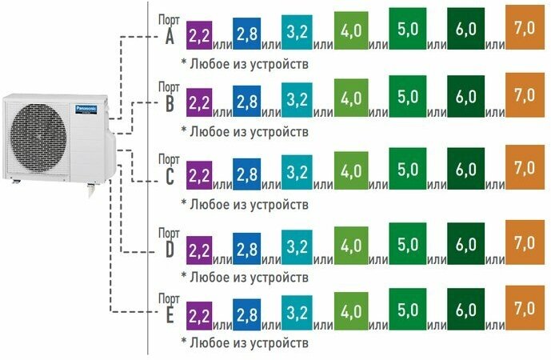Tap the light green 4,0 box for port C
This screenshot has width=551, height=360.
point(349,170)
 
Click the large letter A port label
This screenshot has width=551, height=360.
point(169,37)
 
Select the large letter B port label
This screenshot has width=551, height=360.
point(169,104)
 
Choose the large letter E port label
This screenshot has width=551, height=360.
point(169,315)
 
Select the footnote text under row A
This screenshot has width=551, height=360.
point(244,62)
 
